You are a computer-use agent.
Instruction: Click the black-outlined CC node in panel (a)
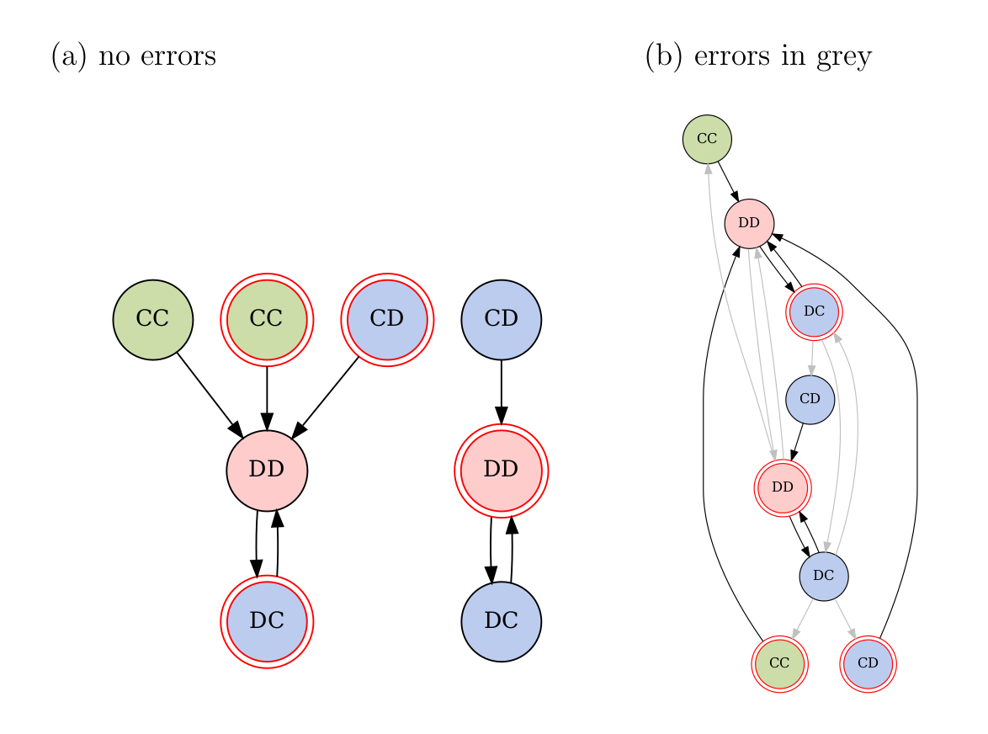click(153, 320)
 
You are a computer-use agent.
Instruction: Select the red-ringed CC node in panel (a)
click(267, 320)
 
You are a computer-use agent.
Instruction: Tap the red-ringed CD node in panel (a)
click(387, 320)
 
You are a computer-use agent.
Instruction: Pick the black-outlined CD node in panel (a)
click(501, 320)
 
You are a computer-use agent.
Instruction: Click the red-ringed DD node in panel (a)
click(501, 470)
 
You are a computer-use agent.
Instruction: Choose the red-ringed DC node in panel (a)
click(267, 621)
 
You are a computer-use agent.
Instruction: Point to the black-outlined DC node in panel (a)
click(501, 621)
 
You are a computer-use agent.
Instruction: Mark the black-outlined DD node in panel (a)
click(267, 470)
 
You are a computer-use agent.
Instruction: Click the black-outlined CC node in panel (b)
click(707, 139)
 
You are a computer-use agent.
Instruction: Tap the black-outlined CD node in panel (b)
click(810, 399)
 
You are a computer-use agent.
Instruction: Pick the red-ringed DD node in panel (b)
click(783, 487)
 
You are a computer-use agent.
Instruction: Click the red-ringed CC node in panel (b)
click(779, 663)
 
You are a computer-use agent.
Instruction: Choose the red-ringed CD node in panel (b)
click(868, 663)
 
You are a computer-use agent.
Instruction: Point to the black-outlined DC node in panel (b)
click(823, 577)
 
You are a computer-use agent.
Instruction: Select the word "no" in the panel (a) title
click(112, 57)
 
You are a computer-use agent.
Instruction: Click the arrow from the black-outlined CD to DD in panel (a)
click(501, 391)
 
